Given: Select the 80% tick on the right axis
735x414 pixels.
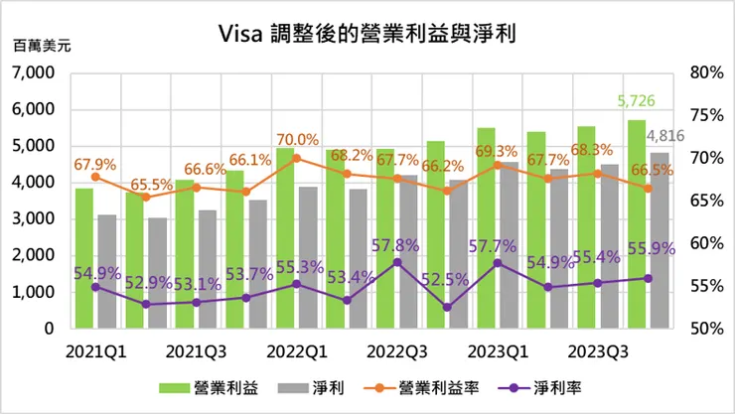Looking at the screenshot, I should pyautogui.click(x=702, y=72).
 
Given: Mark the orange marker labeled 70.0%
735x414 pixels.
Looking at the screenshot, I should pyautogui.click(x=284, y=157).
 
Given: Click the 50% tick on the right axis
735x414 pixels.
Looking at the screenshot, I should pyautogui.click(x=702, y=328).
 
